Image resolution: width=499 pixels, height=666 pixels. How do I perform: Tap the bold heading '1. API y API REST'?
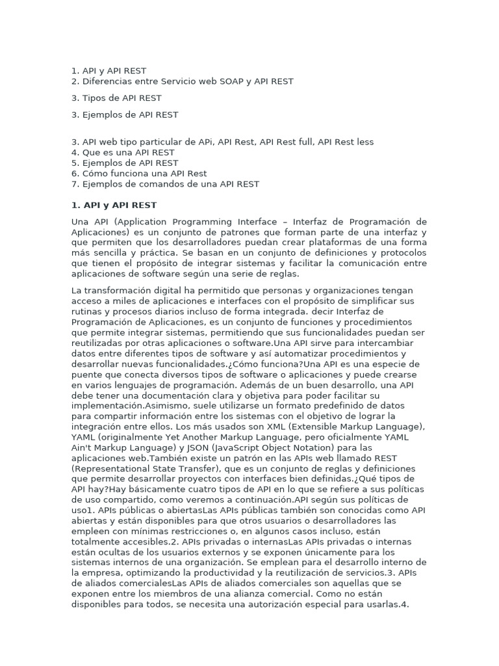[x=114, y=205]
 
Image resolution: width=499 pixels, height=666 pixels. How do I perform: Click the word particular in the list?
[x=168, y=142]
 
